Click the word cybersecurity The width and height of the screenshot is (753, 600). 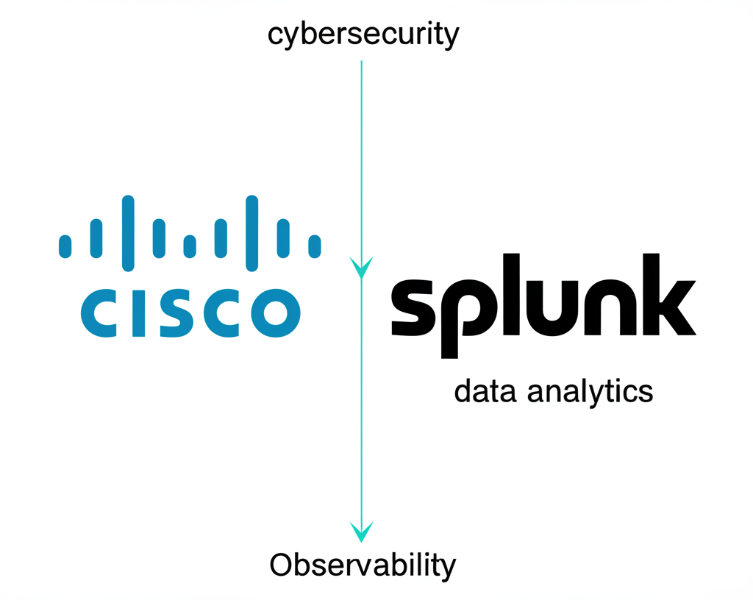tap(363, 35)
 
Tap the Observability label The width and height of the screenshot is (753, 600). tap(363, 566)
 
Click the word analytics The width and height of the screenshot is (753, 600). tap(585, 391)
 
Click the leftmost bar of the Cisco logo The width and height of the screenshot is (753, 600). tap(65, 246)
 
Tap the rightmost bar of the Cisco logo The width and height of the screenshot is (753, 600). tap(315, 246)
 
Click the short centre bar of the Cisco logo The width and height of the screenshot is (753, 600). tap(190, 246)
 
